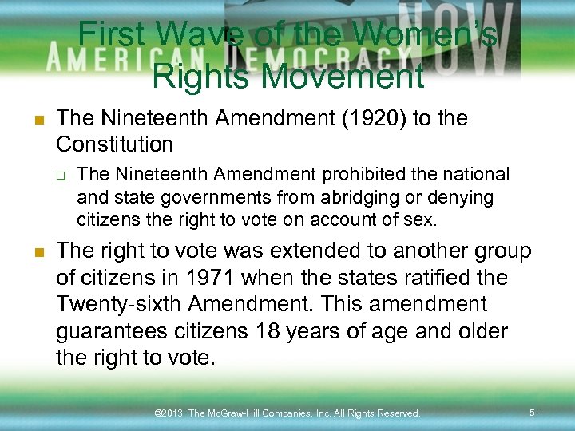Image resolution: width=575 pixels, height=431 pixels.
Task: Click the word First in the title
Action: pyautogui.click(x=111, y=35)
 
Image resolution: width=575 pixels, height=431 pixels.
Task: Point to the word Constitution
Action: pyautogui.click(x=114, y=144)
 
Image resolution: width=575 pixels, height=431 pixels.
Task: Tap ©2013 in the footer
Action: pyautogui.click(x=170, y=413)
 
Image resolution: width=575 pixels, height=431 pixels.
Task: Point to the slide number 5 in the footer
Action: pyautogui.click(x=533, y=413)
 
